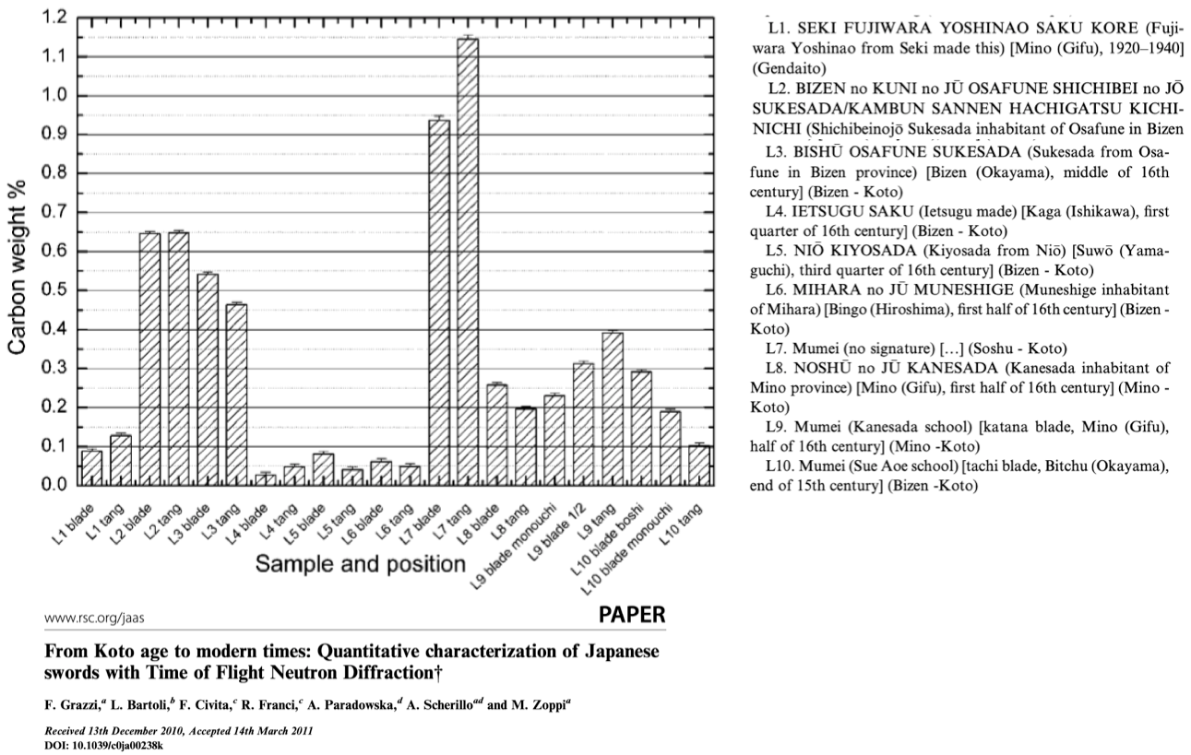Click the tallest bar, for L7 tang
pyautogui.click(x=468, y=262)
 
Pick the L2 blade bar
pyautogui.click(x=149, y=359)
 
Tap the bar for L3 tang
pyautogui.click(x=236, y=394)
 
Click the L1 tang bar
pyautogui.click(x=120, y=459)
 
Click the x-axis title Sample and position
pyautogui.click(x=360, y=562)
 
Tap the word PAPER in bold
pyautogui.click(x=631, y=615)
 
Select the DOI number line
pyautogui.click(x=102, y=744)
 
